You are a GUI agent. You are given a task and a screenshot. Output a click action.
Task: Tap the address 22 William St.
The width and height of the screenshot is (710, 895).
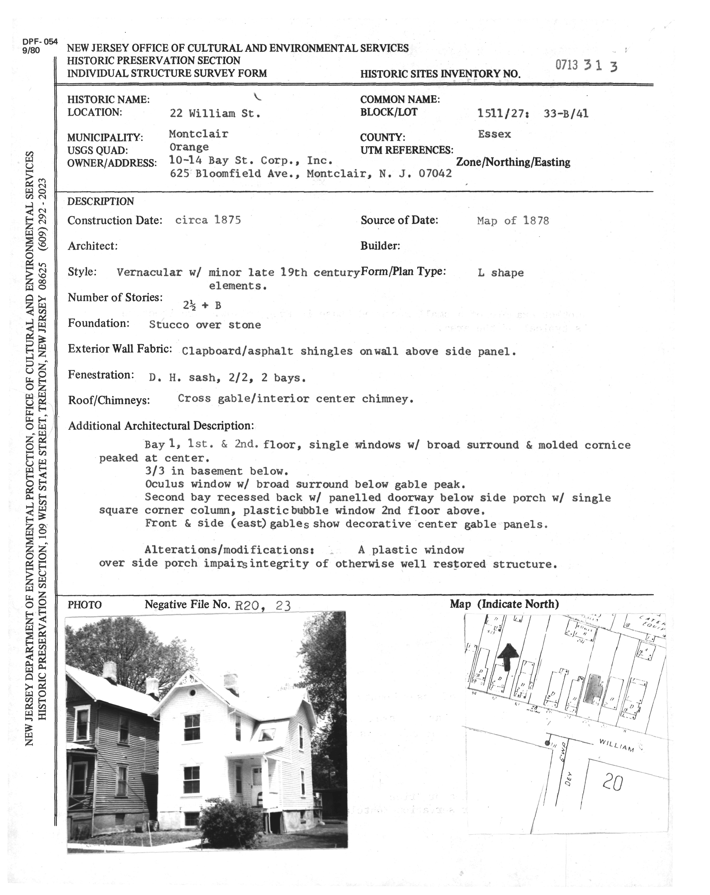pyautogui.click(x=215, y=113)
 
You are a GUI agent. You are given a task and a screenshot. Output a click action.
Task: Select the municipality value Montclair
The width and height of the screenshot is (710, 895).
pyautogui.click(x=199, y=134)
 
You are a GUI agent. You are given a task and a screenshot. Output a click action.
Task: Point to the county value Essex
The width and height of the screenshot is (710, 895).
pyautogui.click(x=494, y=134)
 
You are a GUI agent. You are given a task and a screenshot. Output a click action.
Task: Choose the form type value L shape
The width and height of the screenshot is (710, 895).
pyautogui.click(x=501, y=273)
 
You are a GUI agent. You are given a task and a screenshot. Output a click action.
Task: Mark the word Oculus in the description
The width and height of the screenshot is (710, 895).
pyautogui.click(x=164, y=484)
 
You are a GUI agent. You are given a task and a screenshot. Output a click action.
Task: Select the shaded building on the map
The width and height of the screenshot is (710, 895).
pyautogui.click(x=594, y=689)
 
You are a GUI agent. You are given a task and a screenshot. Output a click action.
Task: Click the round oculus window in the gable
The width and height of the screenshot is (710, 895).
pyautogui.click(x=192, y=693)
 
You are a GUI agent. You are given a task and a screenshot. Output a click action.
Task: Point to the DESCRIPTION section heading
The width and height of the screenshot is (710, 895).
pyautogui.click(x=100, y=201)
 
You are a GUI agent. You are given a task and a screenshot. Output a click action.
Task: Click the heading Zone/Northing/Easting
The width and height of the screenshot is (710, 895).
pyautogui.click(x=513, y=162)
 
